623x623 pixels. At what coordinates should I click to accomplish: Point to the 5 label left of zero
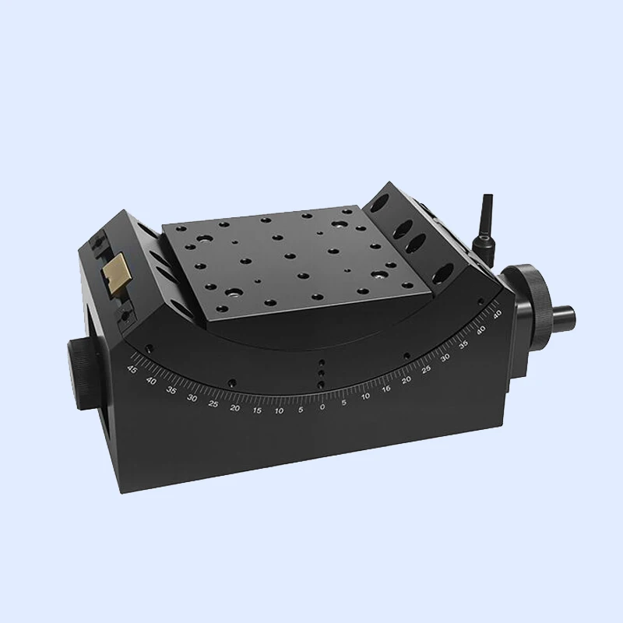click(301, 408)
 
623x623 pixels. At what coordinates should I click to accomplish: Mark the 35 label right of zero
click(463, 343)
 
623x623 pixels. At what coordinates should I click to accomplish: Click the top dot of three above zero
click(321, 363)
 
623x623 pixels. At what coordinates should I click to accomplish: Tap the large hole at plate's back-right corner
click(340, 224)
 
